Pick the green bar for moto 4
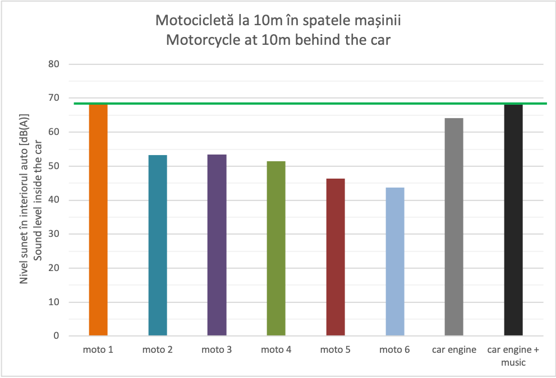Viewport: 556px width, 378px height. tap(276, 249)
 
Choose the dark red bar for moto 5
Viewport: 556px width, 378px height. tap(336, 258)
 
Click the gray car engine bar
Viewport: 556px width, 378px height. tap(454, 227)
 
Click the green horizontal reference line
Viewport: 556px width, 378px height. tap(309, 103)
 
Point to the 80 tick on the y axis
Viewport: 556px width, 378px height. tap(54, 64)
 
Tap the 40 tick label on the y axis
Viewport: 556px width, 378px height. tap(54, 200)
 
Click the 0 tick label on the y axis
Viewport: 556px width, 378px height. tap(57, 337)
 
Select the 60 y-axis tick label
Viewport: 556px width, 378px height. tap(54, 132)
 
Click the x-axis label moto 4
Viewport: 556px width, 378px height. tap(276, 351)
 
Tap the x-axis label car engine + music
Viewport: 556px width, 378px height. tap(513, 356)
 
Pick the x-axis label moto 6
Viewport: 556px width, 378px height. tap(395, 351)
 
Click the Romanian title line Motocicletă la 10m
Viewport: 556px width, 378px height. tap(278, 21)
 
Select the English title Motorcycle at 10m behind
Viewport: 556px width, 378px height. tap(278, 40)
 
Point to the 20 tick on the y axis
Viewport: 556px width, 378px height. tap(54, 268)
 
